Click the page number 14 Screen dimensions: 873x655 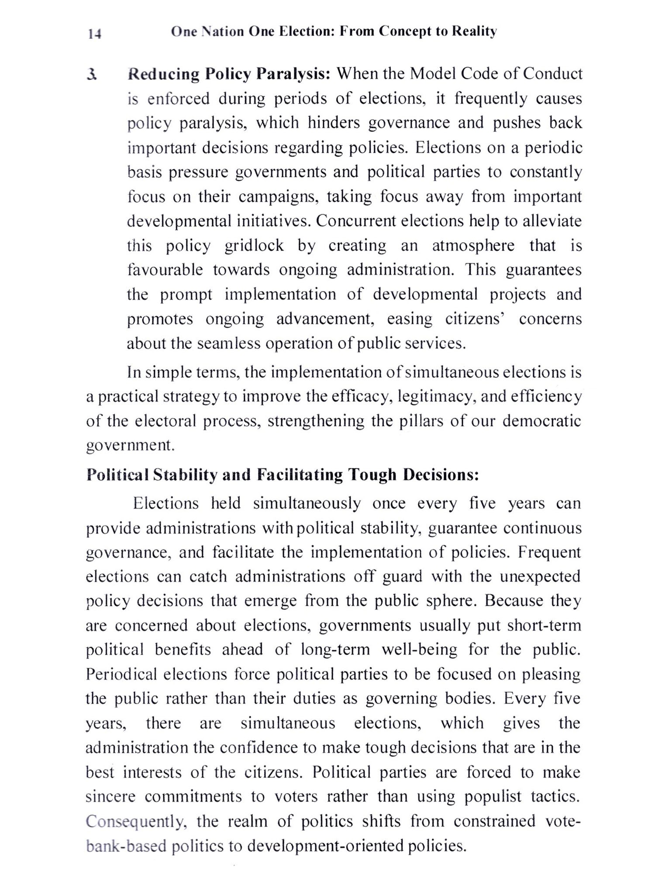[95, 34]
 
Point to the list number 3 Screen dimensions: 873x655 [92, 75]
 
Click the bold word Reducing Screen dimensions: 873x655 [164, 74]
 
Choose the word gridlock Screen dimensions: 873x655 [254, 245]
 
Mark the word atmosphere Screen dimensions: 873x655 [473, 245]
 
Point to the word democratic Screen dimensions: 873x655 [541, 421]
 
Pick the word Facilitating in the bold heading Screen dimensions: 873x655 [300, 474]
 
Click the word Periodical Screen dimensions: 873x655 [121, 674]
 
